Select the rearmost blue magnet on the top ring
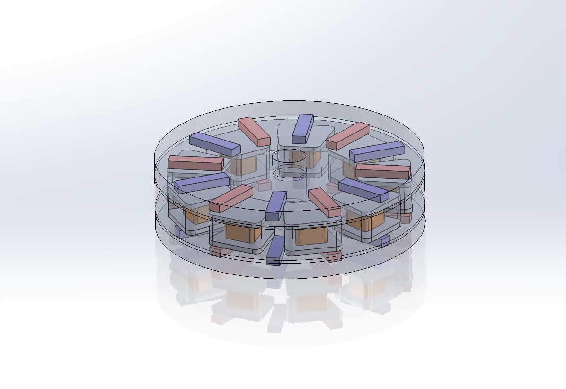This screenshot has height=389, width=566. [x=303, y=128]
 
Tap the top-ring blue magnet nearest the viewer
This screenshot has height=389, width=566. [x=276, y=205]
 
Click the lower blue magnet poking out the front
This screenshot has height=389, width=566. [x=275, y=251]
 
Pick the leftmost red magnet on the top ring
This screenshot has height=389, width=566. [x=195, y=163]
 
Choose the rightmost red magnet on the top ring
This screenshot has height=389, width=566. [x=382, y=171]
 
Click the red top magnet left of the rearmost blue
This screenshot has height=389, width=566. [x=254, y=132]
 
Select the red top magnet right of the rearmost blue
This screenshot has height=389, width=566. [x=347, y=136]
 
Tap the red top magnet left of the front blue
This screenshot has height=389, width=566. [x=231, y=198]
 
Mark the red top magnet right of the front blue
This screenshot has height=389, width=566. [x=325, y=203]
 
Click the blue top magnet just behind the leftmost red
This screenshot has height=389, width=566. [x=214, y=145]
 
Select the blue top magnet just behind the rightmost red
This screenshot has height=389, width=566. [x=377, y=151]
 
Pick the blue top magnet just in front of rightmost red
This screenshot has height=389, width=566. [x=363, y=190]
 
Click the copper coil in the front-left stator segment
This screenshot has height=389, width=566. [x=243, y=232]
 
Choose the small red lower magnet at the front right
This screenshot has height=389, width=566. [x=332, y=256]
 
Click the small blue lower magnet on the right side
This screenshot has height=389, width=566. [x=381, y=240]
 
